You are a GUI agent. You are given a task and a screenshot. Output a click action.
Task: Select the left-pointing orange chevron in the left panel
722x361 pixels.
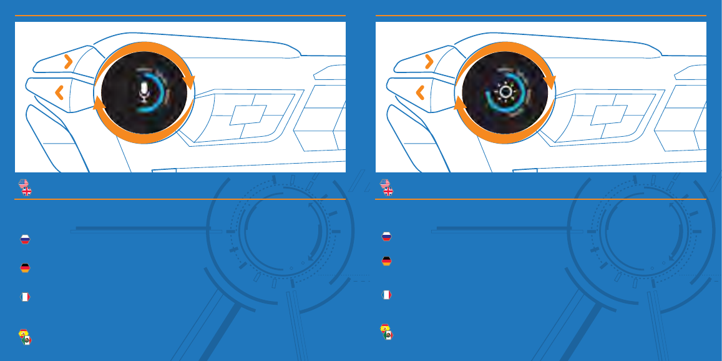point(59,93)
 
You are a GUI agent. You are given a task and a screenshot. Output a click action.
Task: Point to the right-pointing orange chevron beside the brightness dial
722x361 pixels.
point(429,61)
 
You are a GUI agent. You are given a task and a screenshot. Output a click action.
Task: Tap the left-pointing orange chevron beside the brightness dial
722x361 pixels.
point(421,93)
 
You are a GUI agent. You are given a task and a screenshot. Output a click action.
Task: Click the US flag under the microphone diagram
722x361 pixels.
point(23,184)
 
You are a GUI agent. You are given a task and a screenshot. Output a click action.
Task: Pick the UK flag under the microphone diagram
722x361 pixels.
point(27,191)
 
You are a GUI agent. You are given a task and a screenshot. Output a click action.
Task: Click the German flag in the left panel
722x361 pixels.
point(25,268)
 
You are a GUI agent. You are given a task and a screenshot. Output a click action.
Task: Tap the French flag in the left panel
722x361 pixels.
point(25,297)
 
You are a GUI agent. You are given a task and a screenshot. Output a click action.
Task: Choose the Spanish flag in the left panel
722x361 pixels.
point(23,333)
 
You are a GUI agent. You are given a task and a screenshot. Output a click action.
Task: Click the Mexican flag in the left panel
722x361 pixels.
point(27,340)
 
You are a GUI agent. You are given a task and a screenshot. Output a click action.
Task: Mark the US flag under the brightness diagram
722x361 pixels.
point(384,184)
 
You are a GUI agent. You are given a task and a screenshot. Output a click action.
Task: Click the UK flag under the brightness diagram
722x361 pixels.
point(388,191)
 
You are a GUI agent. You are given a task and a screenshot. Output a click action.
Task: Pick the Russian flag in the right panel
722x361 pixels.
point(386,236)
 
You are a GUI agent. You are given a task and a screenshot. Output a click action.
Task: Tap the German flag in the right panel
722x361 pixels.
point(386,261)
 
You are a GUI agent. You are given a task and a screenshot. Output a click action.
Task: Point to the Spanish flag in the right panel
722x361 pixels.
point(384,328)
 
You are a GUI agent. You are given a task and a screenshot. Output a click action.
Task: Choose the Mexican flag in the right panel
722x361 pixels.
point(389,335)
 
